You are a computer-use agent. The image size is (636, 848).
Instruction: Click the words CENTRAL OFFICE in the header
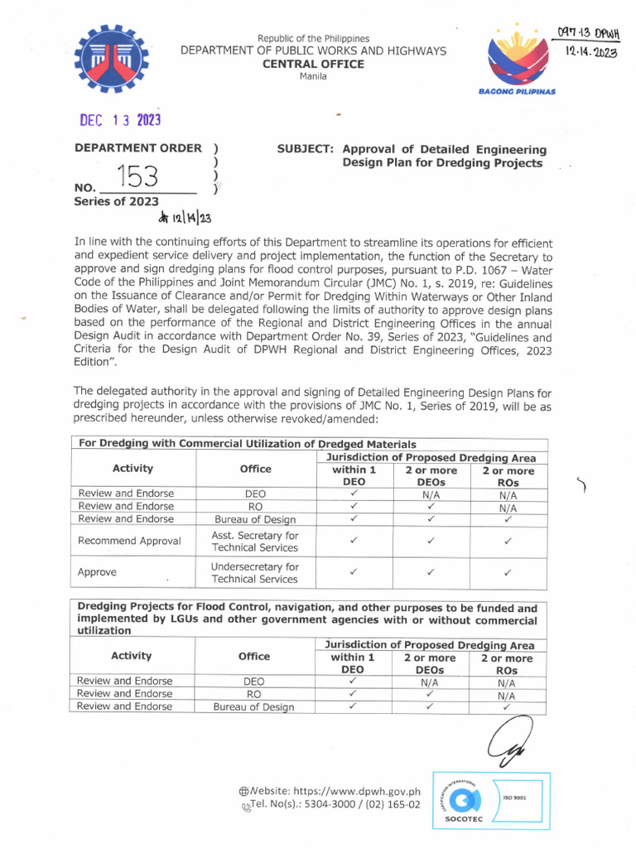click(x=313, y=64)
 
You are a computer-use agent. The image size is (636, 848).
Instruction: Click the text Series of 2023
click(x=117, y=201)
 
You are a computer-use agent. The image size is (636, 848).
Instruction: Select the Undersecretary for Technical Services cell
click(x=255, y=573)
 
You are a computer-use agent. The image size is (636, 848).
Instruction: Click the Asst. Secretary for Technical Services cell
click(x=255, y=542)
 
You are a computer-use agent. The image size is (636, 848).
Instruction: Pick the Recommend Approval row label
click(x=129, y=541)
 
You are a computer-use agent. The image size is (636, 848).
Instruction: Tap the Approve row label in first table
click(x=97, y=572)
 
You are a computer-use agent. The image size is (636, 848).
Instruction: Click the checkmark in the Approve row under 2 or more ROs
click(x=508, y=572)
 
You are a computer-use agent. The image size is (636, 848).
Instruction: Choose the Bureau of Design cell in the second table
click(x=253, y=707)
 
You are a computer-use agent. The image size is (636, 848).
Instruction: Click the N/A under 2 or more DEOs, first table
click(x=430, y=494)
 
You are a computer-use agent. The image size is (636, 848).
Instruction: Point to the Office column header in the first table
click(x=255, y=469)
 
